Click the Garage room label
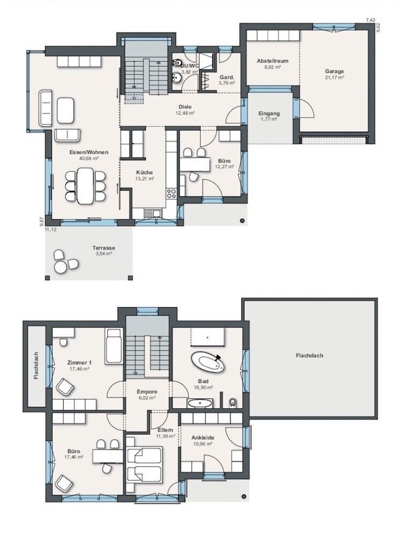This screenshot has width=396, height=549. [335, 72]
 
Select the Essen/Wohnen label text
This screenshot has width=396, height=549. [89, 152]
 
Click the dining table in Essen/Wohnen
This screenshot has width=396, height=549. [86, 185]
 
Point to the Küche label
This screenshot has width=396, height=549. [144, 172]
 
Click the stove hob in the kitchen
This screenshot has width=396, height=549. [171, 193]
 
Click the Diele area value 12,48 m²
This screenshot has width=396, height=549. [185, 113]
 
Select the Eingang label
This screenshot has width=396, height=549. [269, 114]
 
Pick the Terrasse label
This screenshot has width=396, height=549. [104, 248]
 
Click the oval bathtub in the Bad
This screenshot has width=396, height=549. [208, 362]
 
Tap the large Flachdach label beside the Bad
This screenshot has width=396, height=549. [309, 356]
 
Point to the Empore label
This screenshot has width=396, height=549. [147, 392]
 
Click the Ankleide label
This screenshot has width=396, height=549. [203, 437]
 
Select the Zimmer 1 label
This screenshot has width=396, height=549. [79, 363]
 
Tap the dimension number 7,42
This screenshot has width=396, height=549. [370, 20]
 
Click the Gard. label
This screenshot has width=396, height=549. [227, 78]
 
